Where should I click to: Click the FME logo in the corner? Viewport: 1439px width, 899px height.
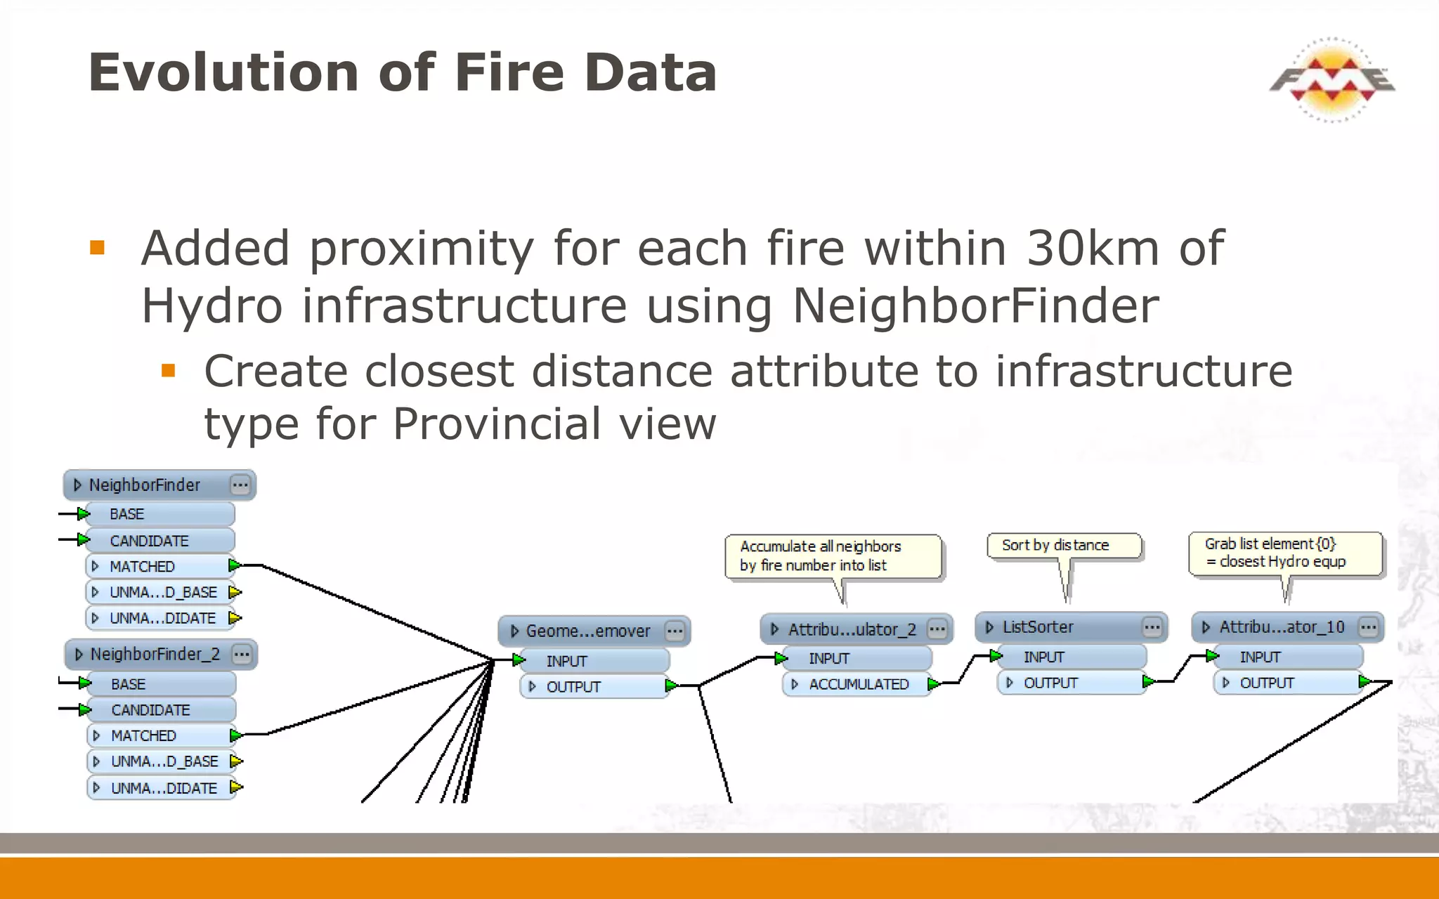pos(1331,79)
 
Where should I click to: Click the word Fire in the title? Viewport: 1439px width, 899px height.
pos(509,72)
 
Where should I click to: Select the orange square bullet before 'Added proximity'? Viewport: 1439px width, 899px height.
pos(97,248)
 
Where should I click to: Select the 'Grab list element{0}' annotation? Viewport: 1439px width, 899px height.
pos(1284,553)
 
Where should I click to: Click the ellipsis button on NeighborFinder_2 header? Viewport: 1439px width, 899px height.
pos(242,655)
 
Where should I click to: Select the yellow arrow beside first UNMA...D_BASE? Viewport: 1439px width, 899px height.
pos(235,592)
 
